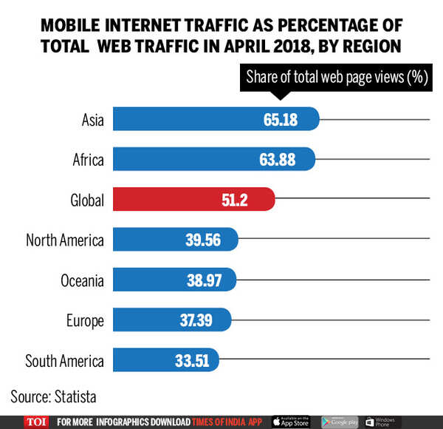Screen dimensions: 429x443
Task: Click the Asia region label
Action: [x=92, y=119]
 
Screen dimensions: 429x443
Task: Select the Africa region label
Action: [x=89, y=159]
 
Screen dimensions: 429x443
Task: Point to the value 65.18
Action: [x=280, y=119]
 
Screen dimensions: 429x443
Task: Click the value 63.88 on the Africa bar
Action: [x=276, y=159]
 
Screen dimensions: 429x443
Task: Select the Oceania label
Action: [x=82, y=280]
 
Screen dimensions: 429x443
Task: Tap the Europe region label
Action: [x=85, y=320]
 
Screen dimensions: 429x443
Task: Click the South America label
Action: [x=64, y=361]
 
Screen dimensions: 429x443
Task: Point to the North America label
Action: [x=65, y=240]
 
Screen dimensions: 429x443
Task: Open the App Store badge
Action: [x=292, y=421]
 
